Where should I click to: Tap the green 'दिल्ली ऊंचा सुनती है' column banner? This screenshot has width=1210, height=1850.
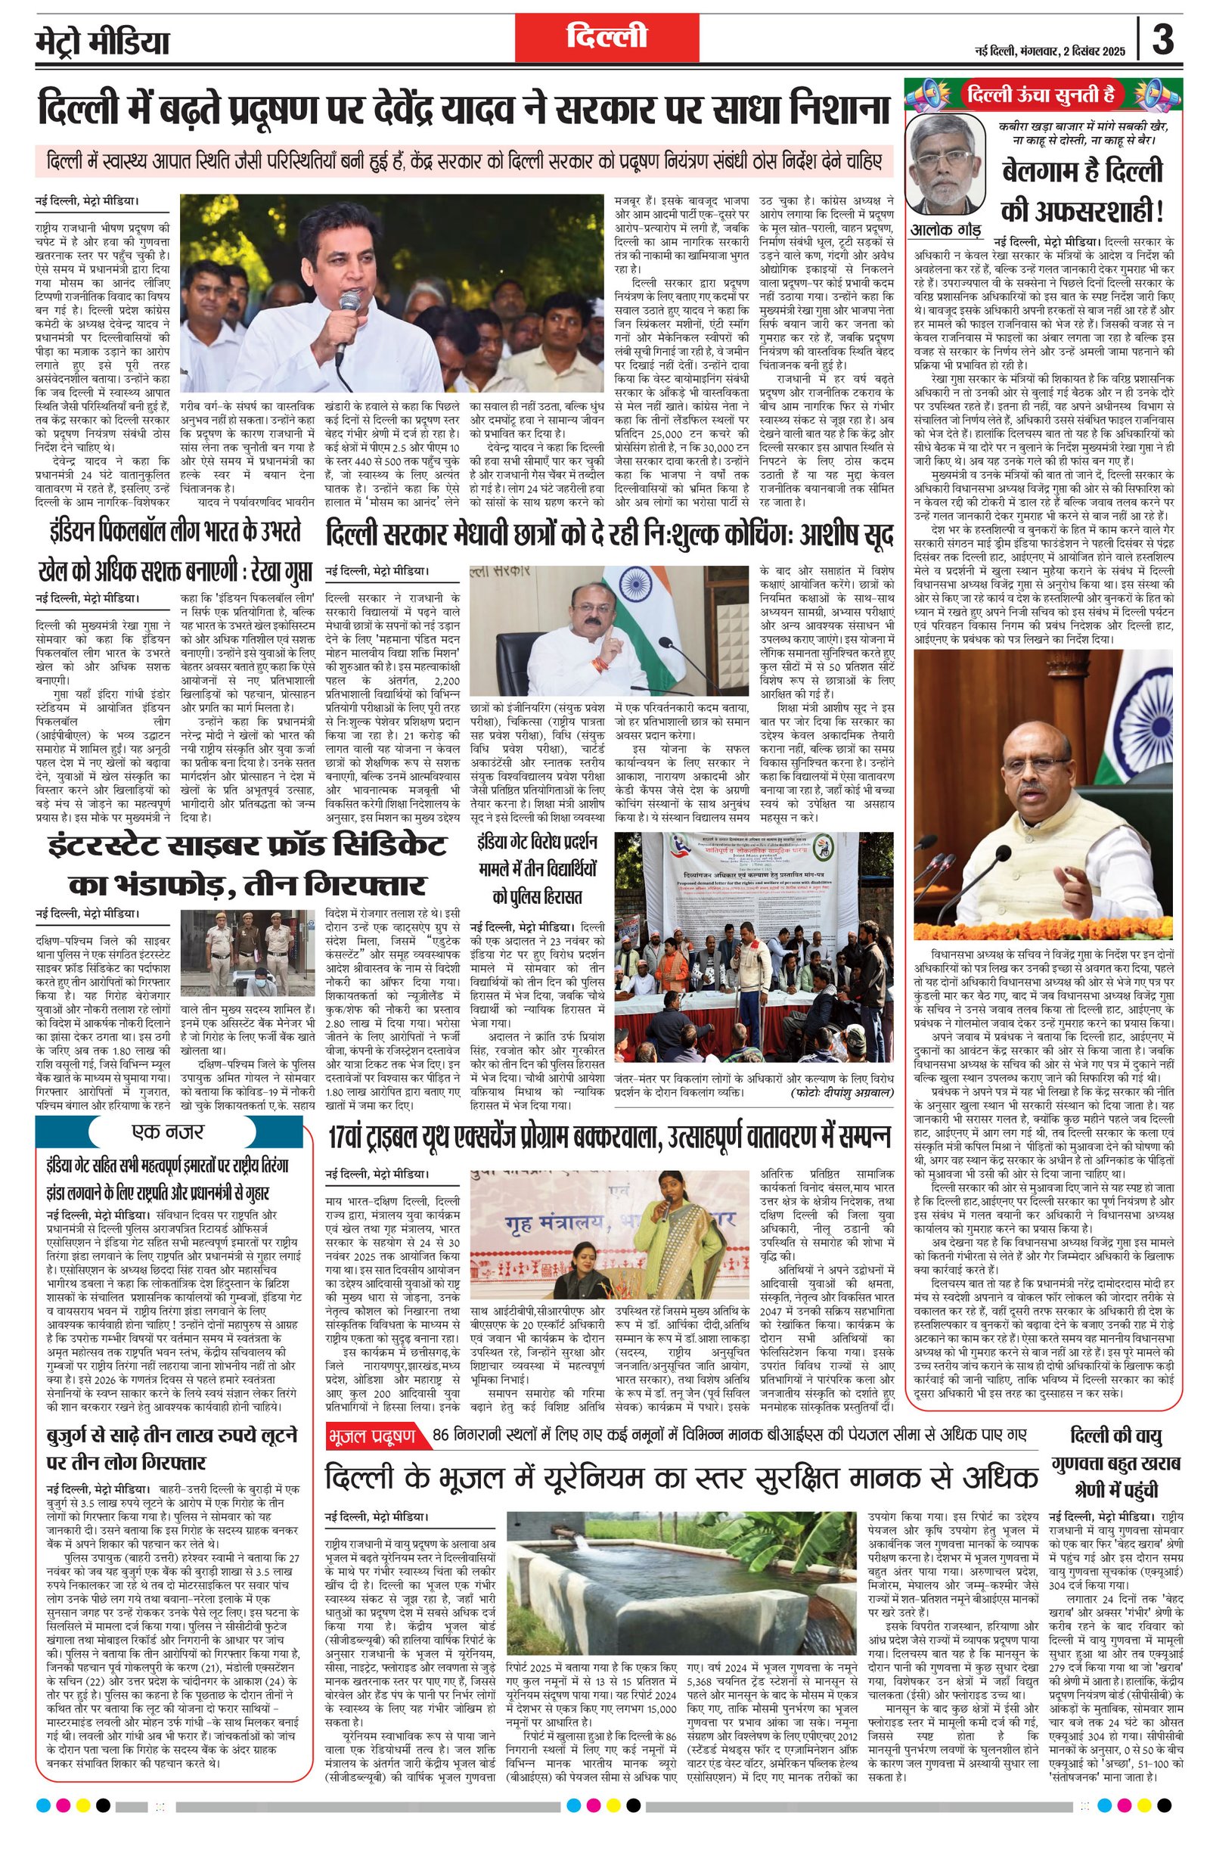tap(1042, 95)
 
